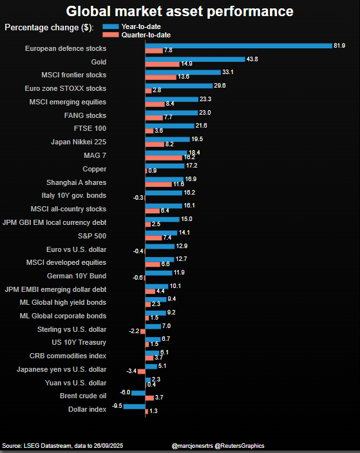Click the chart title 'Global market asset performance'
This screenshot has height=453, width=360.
[180, 12]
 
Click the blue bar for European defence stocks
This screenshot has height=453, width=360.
[238, 46]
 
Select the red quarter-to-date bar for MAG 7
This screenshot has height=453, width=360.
[164, 157]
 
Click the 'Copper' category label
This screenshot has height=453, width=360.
[95, 169]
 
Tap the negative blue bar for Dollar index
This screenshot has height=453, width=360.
[134, 406]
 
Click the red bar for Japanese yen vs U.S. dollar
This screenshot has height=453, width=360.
[141, 372]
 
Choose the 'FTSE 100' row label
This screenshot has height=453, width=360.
[90, 129]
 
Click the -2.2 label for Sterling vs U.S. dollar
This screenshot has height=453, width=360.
[133, 331]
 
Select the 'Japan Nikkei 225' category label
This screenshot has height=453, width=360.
[79, 142]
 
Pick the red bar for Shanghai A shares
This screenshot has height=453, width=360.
[158, 184]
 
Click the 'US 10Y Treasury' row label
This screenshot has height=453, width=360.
[79, 342]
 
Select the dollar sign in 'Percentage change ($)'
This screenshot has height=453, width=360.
[85, 27]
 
